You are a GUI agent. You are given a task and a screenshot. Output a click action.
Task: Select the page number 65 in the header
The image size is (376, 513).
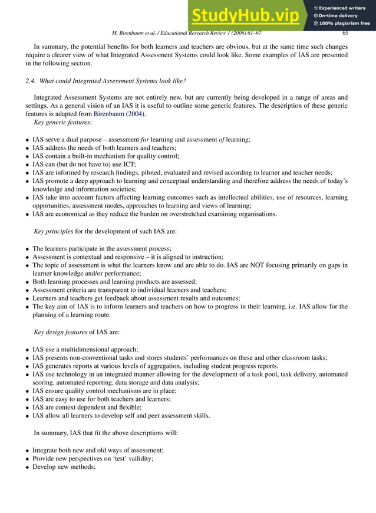345,33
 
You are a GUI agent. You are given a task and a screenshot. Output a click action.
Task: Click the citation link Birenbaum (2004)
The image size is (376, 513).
118,114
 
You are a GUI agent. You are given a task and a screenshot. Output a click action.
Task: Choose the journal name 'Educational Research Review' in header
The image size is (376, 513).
203,33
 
